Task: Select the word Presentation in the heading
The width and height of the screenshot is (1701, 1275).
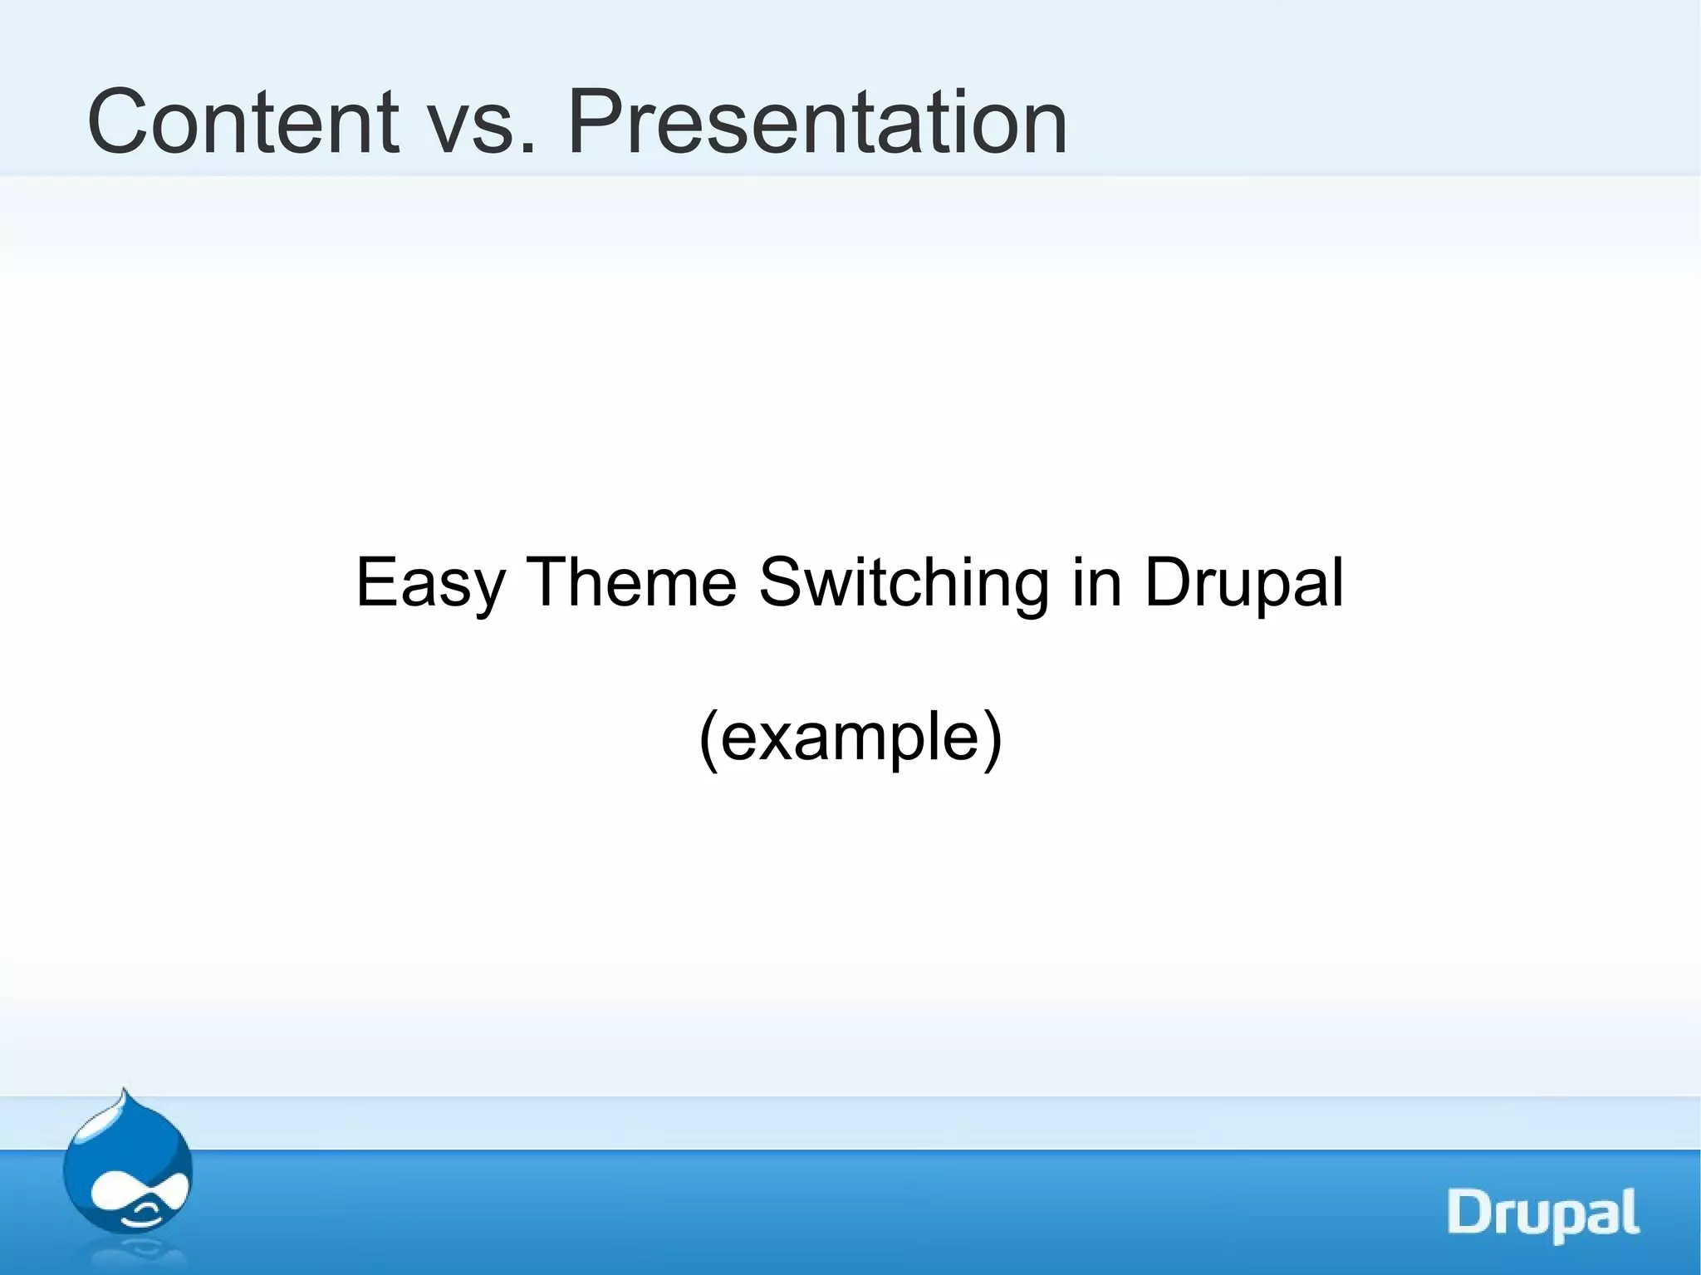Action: pos(816,123)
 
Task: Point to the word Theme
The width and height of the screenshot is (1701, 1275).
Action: pos(632,583)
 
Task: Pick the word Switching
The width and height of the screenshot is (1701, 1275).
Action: pos(904,583)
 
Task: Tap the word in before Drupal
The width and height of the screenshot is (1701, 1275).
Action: pos(1096,583)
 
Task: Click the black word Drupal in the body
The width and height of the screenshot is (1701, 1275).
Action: pos(1243,583)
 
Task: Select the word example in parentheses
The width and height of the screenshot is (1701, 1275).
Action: pos(850,738)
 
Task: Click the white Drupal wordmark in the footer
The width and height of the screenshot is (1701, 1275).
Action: pos(1543,1214)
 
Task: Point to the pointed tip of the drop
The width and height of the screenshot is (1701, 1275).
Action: pos(124,1091)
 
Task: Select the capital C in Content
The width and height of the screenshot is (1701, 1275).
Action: pos(119,123)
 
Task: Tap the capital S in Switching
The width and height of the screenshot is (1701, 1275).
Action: pos(782,583)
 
